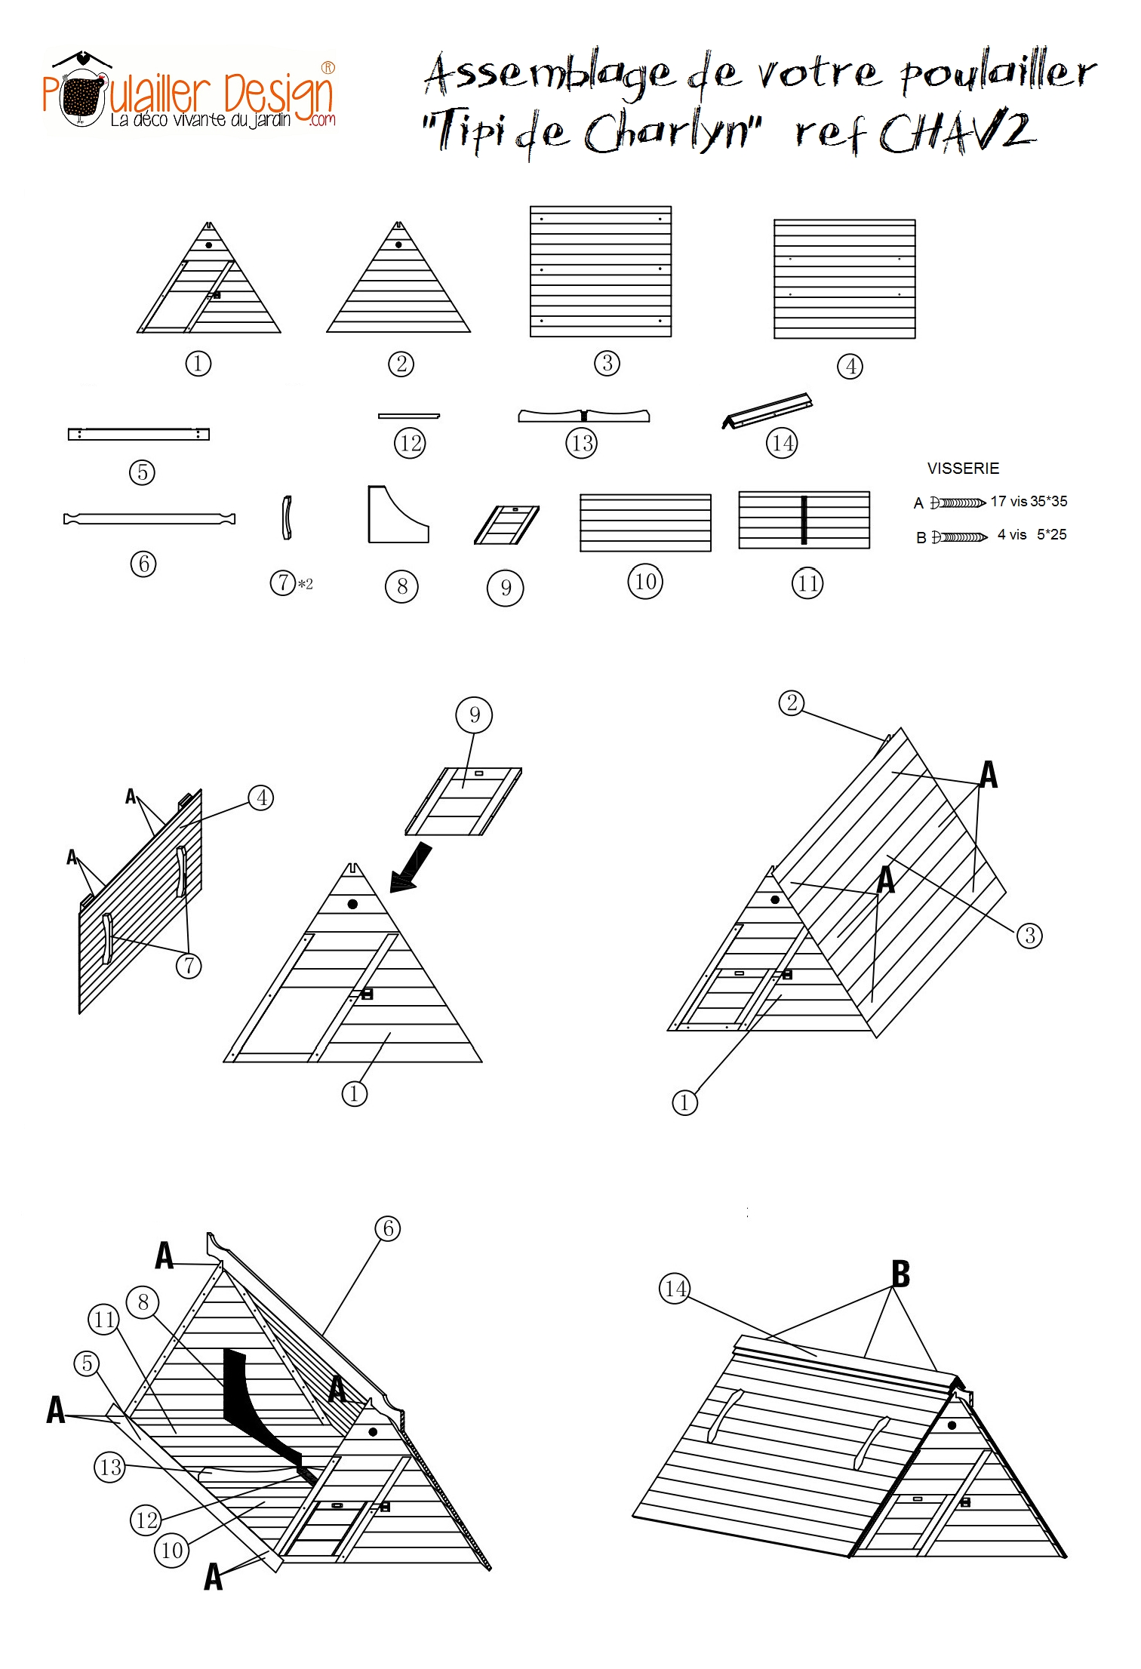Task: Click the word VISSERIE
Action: (x=963, y=469)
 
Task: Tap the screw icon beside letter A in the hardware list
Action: (x=958, y=503)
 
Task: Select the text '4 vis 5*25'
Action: (x=1032, y=535)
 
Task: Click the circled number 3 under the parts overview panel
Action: (x=607, y=364)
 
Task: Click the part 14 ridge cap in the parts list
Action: (x=768, y=410)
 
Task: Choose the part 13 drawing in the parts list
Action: (x=583, y=416)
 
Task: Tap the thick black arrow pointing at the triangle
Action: (x=411, y=868)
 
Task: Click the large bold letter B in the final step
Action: (x=900, y=1275)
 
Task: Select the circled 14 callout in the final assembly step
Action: (x=675, y=1289)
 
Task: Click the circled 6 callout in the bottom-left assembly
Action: (x=388, y=1228)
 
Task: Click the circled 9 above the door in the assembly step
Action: (x=474, y=715)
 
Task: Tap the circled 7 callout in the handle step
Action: (x=189, y=966)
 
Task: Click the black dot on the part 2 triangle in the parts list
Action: (x=398, y=244)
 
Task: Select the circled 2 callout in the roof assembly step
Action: (x=791, y=703)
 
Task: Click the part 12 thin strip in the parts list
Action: (x=408, y=416)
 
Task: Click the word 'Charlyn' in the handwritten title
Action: (x=670, y=134)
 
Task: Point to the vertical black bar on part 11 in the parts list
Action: (x=804, y=520)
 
